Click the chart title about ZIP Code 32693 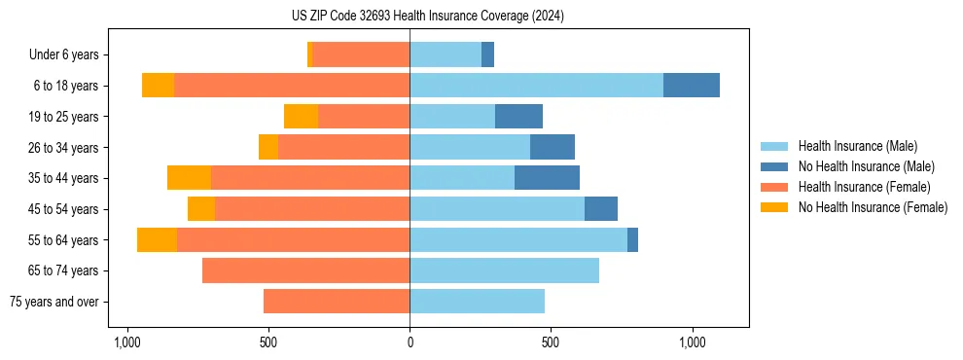[x=427, y=16]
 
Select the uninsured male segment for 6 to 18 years [x=692, y=86]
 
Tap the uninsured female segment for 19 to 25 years [x=301, y=117]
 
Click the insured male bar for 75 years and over [x=477, y=302]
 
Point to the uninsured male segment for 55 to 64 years [x=632, y=239]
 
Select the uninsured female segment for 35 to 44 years [x=189, y=178]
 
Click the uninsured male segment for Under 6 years [x=487, y=54]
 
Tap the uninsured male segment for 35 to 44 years [x=547, y=178]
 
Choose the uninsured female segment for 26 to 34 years [x=268, y=147]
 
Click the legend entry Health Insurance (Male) [x=857, y=146]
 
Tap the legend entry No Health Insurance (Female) [x=873, y=207]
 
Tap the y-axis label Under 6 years [x=70, y=55]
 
